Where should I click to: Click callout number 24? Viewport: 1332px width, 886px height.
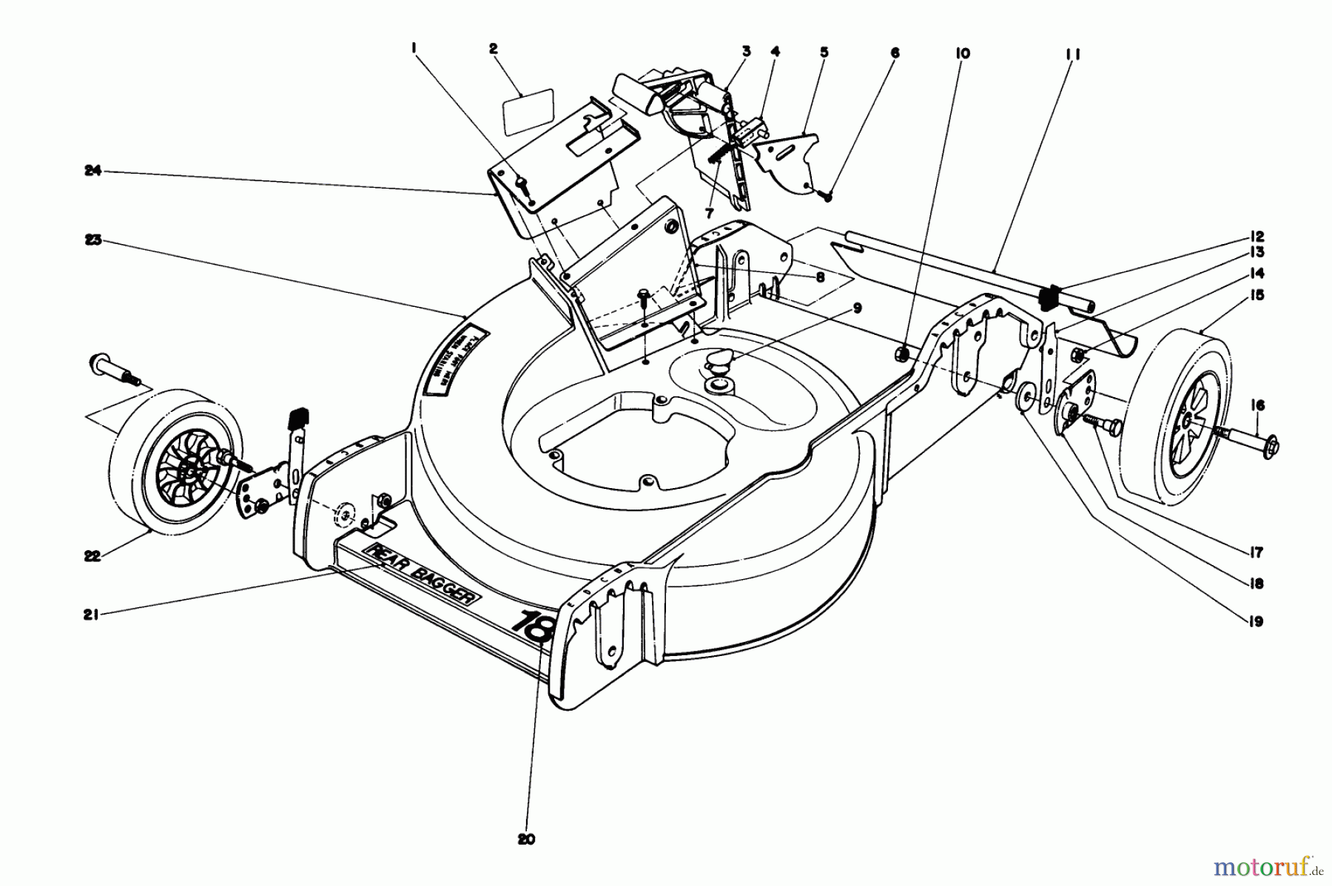tap(92, 171)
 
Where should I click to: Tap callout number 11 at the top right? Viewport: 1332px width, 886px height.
tap(1073, 54)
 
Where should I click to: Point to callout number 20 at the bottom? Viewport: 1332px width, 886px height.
tap(526, 839)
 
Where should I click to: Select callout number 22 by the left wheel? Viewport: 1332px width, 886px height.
tap(91, 557)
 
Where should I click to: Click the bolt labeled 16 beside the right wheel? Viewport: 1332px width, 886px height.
tap(1251, 444)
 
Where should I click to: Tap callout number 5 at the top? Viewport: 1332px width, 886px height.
tap(824, 53)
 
